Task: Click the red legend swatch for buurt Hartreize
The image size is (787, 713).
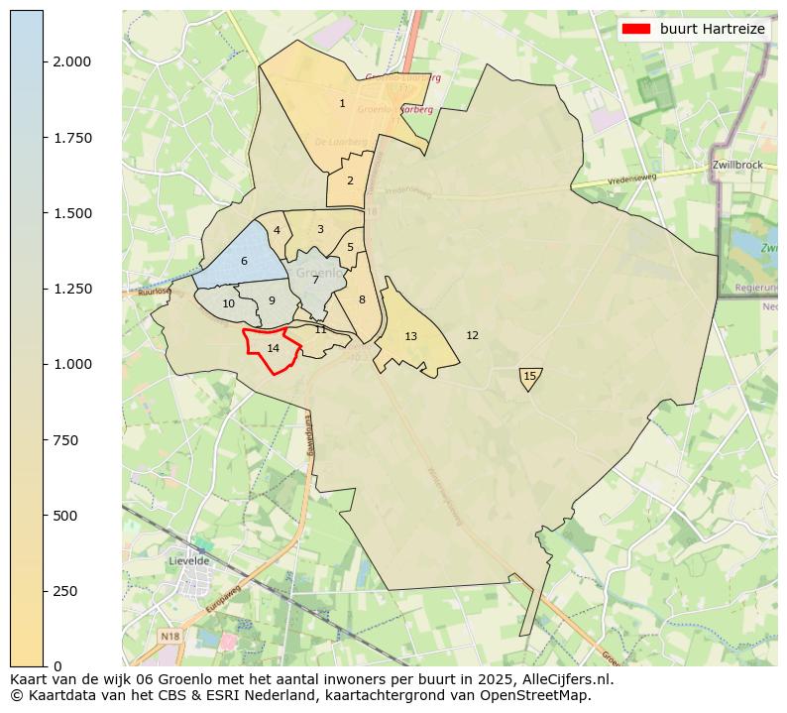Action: click(x=636, y=30)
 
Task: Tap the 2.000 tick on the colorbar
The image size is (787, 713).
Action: click(x=45, y=61)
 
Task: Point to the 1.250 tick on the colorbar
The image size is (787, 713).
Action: click(x=45, y=289)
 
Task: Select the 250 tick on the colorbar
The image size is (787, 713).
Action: click(x=45, y=591)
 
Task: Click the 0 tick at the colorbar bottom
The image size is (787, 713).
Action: click(x=45, y=665)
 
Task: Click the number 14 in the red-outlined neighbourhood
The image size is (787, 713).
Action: click(x=274, y=348)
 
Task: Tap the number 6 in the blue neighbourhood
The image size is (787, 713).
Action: click(x=244, y=262)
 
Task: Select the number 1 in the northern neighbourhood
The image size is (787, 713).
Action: click(x=342, y=103)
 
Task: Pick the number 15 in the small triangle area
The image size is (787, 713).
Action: click(x=529, y=376)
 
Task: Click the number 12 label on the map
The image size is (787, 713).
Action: click(x=472, y=335)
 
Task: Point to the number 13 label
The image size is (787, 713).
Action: click(x=410, y=337)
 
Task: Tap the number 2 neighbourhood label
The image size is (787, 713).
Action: click(x=350, y=180)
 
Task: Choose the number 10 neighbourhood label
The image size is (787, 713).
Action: click(x=229, y=304)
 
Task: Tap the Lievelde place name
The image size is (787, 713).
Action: click(x=190, y=560)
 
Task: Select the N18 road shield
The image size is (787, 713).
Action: click(x=170, y=636)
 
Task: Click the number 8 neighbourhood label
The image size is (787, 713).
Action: click(x=362, y=299)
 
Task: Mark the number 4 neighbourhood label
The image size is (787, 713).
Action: click(x=277, y=230)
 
